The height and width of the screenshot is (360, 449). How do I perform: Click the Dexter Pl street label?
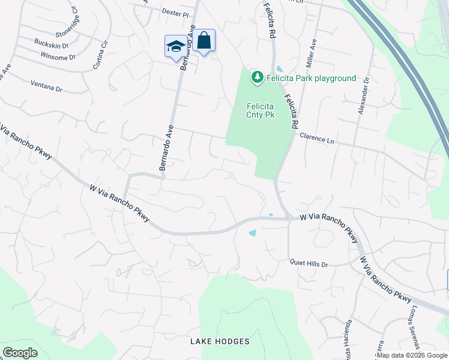tap(175, 12)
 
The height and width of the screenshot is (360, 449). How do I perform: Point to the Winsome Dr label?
tap(58, 57)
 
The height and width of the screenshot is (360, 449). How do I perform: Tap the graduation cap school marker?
tap(176, 46)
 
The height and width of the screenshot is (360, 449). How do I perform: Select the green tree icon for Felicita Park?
tap(258, 77)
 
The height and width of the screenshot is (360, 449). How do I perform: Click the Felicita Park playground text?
tap(312, 78)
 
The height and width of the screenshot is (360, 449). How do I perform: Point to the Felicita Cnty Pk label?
tap(261, 110)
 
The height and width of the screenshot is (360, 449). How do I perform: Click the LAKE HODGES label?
tap(220, 341)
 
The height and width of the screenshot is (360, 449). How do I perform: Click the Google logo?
tap(20, 352)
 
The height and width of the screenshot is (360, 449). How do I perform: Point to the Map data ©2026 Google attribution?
tap(411, 356)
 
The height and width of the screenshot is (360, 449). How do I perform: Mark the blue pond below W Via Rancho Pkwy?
tap(252, 233)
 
